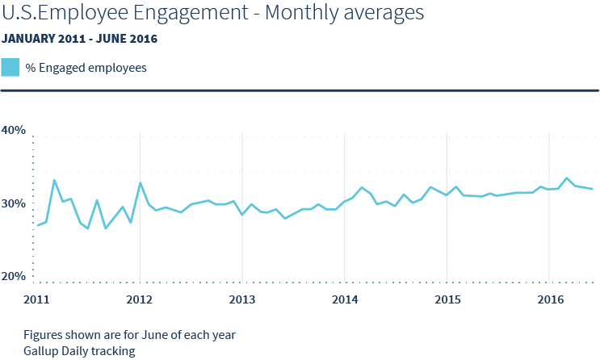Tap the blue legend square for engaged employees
(x=10, y=68)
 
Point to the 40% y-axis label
(x=14, y=130)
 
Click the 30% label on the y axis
(x=14, y=204)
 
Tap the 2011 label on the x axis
(x=37, y=300)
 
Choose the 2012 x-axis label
(x=140, y=300)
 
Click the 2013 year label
(x=242, y=300)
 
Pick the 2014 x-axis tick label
(x=345, y=300)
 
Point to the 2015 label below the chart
(x=447, y=300)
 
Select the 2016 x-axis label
(x=549, y=300)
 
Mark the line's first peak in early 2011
(x=54, y=179)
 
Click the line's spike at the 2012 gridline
(x=141, y=184)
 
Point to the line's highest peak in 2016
(x=567, y=178)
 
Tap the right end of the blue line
(x=593, y=189)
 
